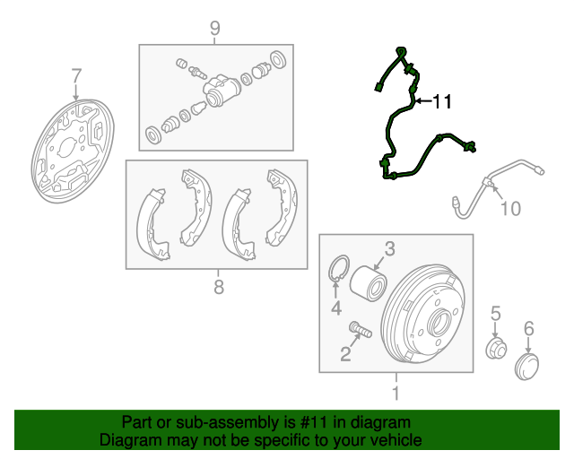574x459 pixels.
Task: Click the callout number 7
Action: click(x=75, y=76)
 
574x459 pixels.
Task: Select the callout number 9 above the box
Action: click(x=215, y=28)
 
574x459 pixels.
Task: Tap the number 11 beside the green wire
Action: click(x=442, y=101)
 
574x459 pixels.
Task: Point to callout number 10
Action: click(x=510, y=209)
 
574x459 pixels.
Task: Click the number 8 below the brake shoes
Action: click(x=219, y=287)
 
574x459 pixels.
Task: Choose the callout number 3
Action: click(x=390, y=249)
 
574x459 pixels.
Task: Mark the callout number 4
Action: click(x=336, y=307)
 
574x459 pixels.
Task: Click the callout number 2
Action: click(x=345, y=354)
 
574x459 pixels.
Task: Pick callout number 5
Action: click(x=495, y=314)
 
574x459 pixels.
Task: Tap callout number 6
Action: click(x=529, y=328)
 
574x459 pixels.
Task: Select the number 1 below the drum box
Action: click(x=396, y=394)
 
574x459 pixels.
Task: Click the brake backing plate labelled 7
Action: click(x=73, y=151)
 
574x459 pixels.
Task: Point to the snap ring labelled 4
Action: click(x=338, y=268)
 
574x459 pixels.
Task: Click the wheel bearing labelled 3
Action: click(x=368, y=284)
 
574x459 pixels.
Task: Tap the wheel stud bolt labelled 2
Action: click(x=361, y=329)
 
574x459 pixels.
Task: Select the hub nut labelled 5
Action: click(x=496, y=349)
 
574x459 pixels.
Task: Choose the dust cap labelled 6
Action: click(x=526, y=367)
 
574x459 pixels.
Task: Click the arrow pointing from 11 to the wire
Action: click(x=423, y=100)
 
